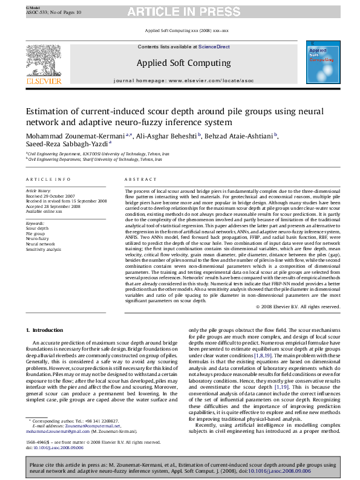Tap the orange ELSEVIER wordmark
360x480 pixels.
point(43,80)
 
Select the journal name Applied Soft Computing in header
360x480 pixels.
point(183,62)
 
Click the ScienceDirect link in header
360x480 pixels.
point(214,47)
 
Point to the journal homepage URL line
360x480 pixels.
point(183,80)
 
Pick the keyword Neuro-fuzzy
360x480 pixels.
point(37,239)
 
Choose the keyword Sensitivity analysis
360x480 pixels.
point(44,249)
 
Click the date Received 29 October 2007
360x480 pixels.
point(51,196)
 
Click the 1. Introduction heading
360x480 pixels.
point(44,330)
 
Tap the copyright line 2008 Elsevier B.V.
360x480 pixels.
point(298,306)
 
